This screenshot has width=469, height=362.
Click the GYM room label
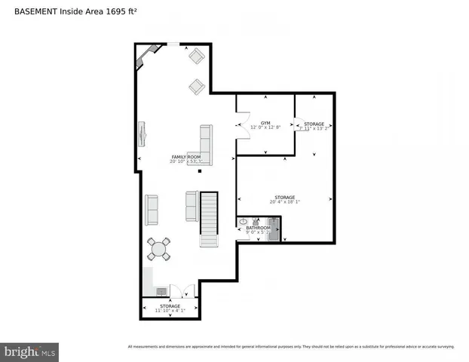click(265, 122)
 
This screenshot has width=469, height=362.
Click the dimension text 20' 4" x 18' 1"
click(284, 202)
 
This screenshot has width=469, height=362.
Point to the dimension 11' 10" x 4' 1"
click(170, 311)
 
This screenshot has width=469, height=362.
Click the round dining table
click(159, 248)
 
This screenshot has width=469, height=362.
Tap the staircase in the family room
click(209, 219)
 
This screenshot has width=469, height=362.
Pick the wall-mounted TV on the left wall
click(141, 135)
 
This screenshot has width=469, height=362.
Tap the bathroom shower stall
click(274, 228)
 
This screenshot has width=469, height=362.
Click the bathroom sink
click(243, 222)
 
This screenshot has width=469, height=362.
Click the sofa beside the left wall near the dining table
click(152, 210)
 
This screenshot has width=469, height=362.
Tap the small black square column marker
click(199, 170)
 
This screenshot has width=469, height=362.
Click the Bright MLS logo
click(30, 351)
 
